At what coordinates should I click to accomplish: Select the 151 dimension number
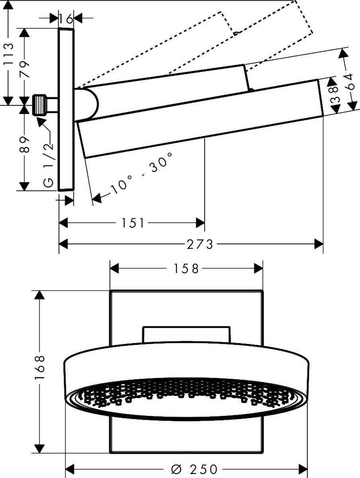tap(133, 223)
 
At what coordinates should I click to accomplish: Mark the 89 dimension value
tap(25, 145)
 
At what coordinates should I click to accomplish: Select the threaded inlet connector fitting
tap(40, 105)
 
